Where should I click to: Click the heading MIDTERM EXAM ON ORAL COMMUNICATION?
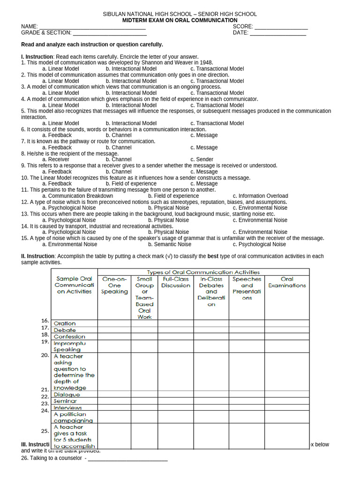coord(180,21)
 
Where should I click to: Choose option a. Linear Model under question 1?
coord(60,69)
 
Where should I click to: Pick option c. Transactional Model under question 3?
coord(217,93)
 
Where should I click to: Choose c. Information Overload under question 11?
coord(260,196)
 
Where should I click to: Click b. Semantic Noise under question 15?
coord(170,244)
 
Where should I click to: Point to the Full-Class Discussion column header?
coord(176,282)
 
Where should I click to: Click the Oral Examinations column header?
coord(287,282)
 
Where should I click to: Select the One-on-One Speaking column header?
coord(114,285)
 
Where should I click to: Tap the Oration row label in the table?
coord(65,323)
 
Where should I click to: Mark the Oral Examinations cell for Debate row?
coord(287,330)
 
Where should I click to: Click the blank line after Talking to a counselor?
coord(127,458)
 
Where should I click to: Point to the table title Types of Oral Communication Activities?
coord(203,272)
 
